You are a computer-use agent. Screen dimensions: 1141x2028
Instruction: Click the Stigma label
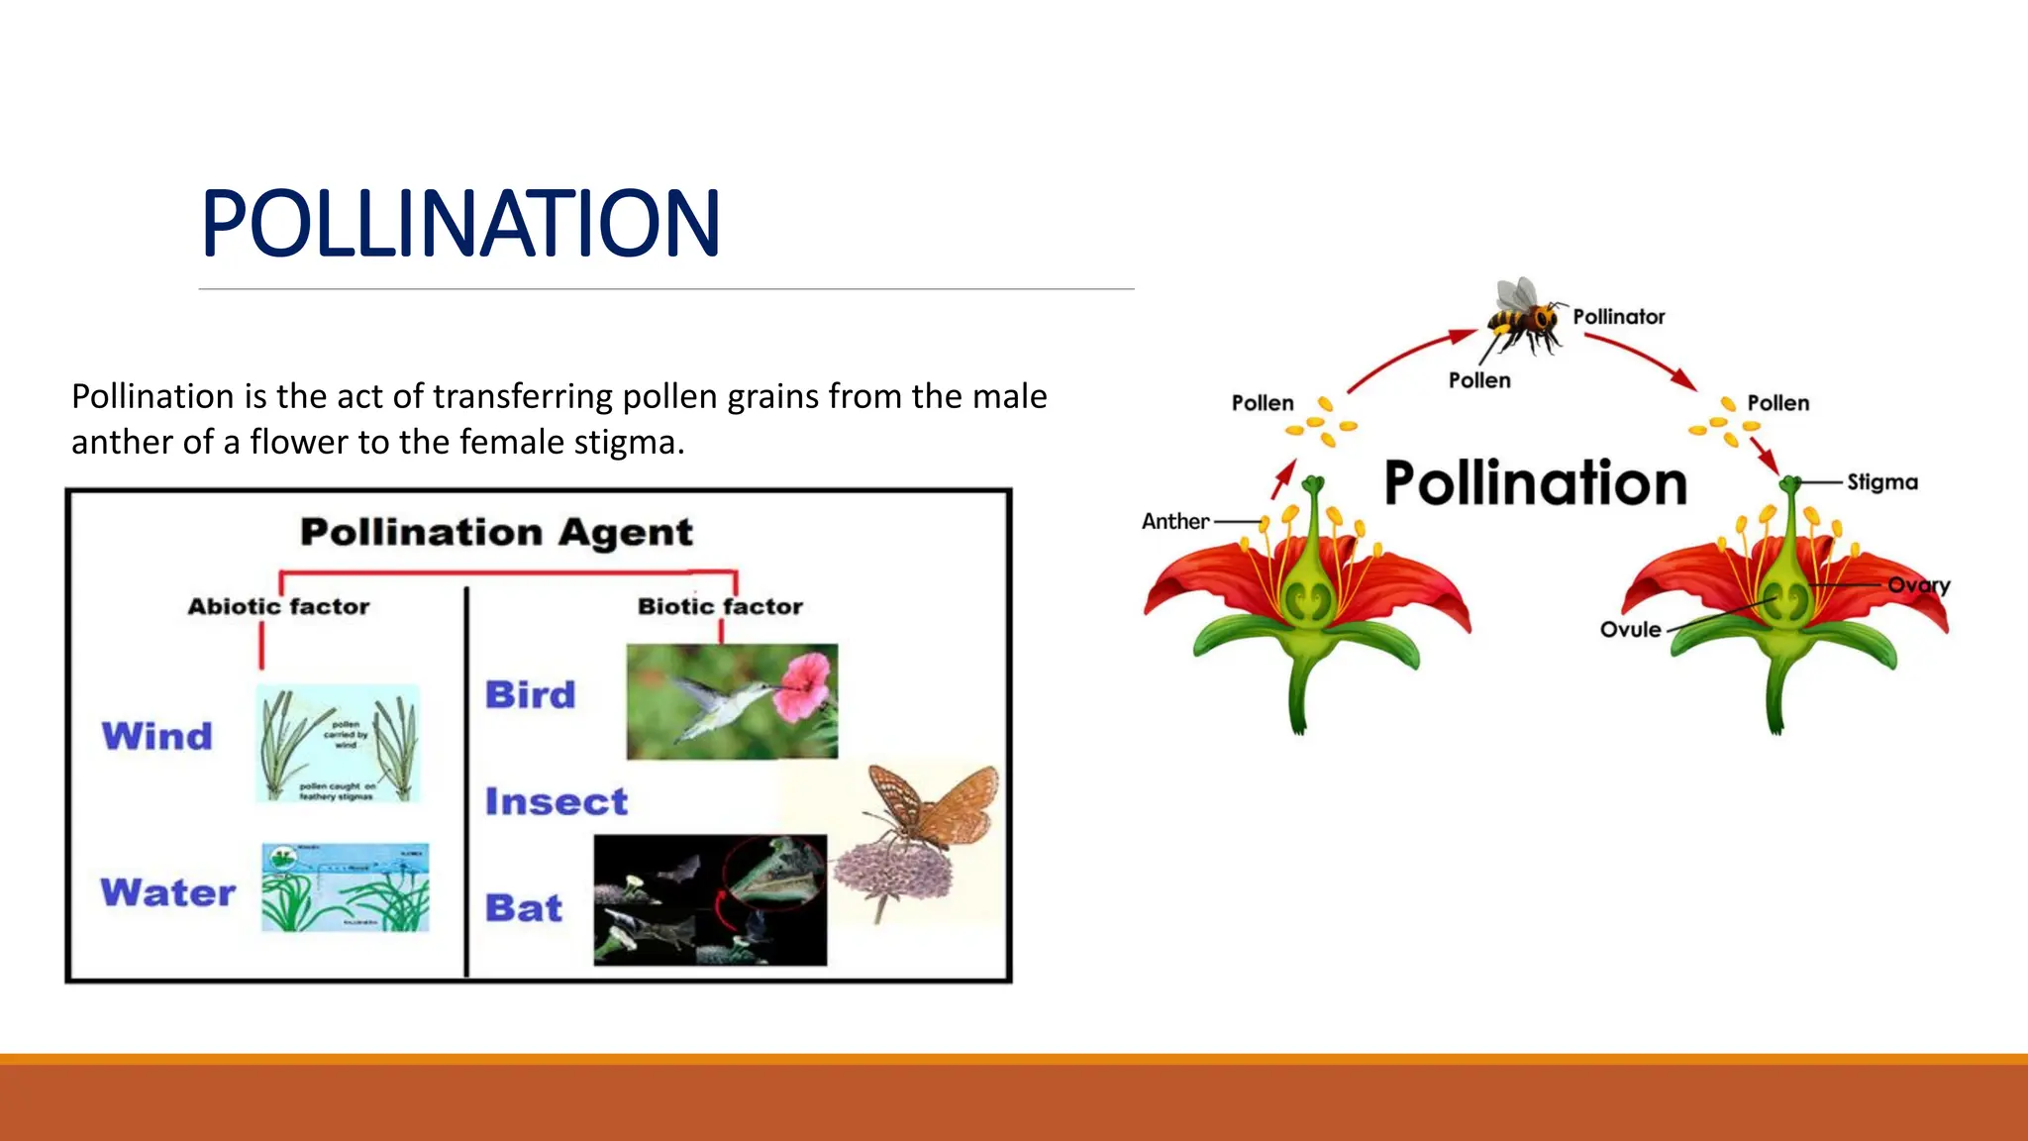tap(1881, 482)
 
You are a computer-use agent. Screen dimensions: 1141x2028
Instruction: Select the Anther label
tap(1175, 521)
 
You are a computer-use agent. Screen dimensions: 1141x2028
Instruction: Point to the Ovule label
tap(1630, 629)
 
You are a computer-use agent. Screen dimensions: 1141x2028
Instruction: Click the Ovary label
tap(1918, 584)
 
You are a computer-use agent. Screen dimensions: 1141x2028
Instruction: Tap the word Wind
tap(157, 736)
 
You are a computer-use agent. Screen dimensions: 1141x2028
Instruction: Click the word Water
tap(167, 892)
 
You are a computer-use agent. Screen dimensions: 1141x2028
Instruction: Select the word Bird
tap(530, 694)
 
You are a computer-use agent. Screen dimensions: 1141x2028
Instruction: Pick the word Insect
tap(556, 801)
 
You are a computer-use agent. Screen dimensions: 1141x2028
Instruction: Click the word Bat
tap(523, 908)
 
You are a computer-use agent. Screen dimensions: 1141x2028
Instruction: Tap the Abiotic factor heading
tap(278, 606)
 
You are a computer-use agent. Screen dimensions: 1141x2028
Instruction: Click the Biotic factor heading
tap(720, 606)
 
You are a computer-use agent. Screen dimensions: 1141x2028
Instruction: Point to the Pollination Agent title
tap(496, 532)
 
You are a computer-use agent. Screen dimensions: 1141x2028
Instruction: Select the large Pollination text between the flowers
tap(1535, 483)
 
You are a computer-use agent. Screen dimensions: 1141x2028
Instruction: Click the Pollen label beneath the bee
tap(1479, 380)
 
